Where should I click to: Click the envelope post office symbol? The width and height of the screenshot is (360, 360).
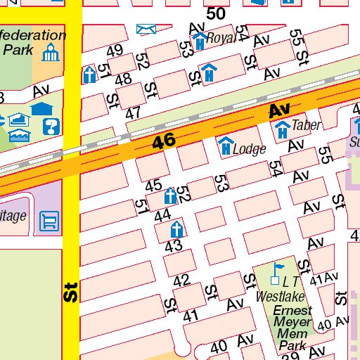point(146,28)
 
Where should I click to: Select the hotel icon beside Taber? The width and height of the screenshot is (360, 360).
point(282,129)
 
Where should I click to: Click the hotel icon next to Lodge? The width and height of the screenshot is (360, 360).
point(225,146)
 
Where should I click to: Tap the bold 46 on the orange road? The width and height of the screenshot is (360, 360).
point(164,141)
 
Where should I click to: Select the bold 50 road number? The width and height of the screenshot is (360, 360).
point(216,13)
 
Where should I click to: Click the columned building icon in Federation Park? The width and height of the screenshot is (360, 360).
point(50,53)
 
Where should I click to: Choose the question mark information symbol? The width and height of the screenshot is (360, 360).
point(51,127)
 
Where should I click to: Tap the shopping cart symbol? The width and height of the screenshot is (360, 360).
point(49,222)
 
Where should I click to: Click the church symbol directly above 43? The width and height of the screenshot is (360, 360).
point(176,229)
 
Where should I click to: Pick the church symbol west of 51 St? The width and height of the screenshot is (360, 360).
point(89,75)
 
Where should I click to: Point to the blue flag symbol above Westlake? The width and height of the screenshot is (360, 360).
point(280,269)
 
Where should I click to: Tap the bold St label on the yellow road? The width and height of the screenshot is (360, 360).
point(69,292)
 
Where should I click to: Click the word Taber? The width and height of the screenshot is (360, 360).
point(307,126)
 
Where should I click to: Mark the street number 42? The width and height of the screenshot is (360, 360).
point(181,281)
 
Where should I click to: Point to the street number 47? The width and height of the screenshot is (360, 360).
point(133,113)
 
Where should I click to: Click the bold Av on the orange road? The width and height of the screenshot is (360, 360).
point(279,110)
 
